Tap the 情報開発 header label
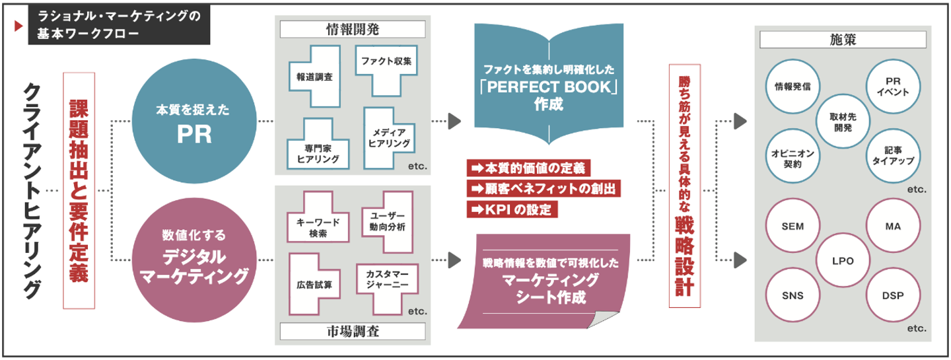[x=352, y=29]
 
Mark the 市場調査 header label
[x=352, y=332]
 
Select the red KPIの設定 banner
[x=512, y=209]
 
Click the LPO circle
[x=842, y=260]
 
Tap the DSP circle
[x=892, y=295]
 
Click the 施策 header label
[x=842, y=40]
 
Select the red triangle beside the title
[x=17, y=26]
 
